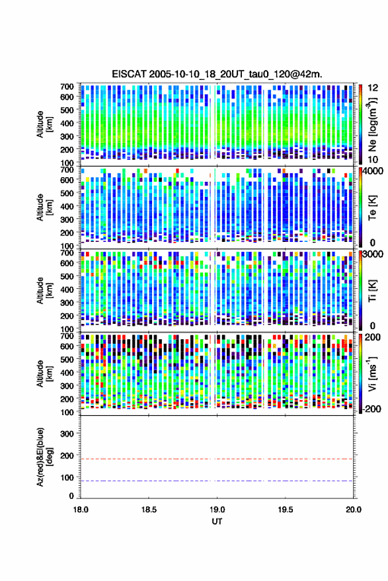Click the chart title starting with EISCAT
[x=217, y=74]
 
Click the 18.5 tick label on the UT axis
[x=149, y=510]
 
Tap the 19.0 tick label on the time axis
[x=217, y=510]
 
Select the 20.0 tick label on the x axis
[x=354, y=510]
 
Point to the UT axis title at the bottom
[x=217, y=522]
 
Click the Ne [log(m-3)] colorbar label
[x=372, y=124]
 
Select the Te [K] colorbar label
[x=372, y=208]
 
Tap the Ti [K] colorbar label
[x=372, y=291]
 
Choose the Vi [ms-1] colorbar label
[x=371, y=373]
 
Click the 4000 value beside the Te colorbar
[x=373, y=171]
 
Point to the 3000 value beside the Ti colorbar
[x=373, y=254]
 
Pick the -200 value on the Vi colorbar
[x=371, y=409]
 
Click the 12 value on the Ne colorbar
[x=373, y=88]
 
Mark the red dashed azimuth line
[x=217, y=459]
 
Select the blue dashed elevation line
[x=217, y=481]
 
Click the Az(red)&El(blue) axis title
[x=44, y=457]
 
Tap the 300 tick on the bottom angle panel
[x=67, y=434]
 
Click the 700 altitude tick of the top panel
[x=67, y=87]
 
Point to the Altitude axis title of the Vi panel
[x=44, y=373]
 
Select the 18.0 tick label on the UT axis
[x=81, y=510]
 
